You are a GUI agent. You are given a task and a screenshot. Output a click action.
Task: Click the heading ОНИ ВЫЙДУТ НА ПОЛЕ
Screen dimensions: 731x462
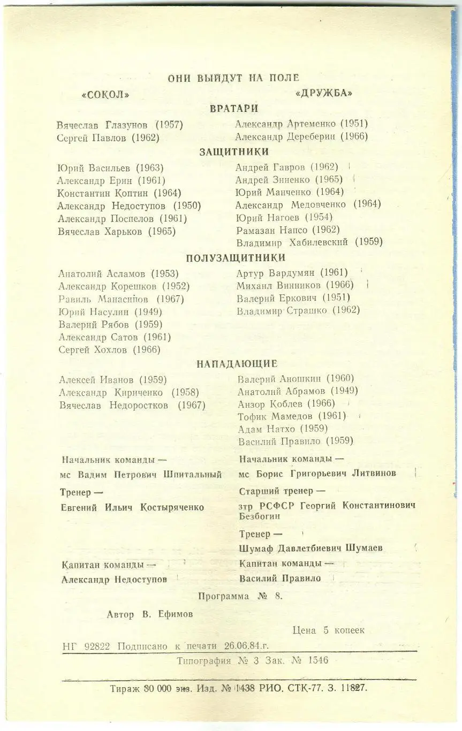233,78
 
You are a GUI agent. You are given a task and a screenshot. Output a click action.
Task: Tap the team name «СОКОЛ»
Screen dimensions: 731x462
105,95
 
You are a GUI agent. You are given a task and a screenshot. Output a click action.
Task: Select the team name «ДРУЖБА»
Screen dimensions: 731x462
324,93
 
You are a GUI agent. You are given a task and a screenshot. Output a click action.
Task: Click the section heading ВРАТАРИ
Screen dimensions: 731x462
234,109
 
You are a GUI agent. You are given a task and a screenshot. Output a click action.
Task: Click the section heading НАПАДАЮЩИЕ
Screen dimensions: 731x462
237,364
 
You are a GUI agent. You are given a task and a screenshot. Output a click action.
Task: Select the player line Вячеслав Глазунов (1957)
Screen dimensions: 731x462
120,125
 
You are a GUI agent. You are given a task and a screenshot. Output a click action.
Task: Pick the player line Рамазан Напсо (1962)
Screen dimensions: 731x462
288,230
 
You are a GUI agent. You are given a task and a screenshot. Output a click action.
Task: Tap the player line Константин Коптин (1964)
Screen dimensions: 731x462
119,193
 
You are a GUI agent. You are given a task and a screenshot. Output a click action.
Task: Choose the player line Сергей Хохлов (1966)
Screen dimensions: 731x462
109,350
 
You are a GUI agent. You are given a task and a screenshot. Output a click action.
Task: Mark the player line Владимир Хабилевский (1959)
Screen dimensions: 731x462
309,242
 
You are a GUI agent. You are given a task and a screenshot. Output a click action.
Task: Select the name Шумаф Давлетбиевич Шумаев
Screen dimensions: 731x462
310,549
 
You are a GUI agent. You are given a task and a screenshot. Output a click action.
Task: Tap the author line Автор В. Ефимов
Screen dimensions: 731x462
150,615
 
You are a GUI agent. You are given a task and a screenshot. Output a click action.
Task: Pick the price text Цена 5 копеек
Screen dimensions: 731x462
329,630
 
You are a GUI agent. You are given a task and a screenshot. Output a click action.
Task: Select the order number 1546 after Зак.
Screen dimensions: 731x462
319,661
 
